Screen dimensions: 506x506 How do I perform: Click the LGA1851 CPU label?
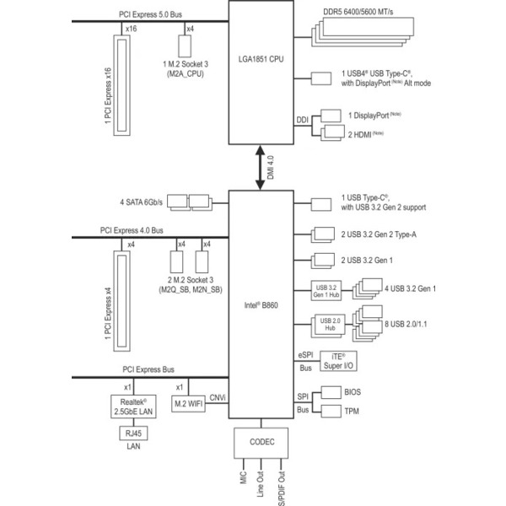(261, 59)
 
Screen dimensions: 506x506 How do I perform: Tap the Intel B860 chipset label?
(261, 305)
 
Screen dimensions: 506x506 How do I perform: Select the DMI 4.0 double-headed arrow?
(260, 168)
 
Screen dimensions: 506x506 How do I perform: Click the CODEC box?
(261, 443)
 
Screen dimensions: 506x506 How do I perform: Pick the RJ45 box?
(133, 433)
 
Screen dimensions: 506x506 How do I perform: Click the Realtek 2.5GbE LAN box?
(133, 406)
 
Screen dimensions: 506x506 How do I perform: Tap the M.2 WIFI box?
(188, 403)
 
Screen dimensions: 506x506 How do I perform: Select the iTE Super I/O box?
(338, 361)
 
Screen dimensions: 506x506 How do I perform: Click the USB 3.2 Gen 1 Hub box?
(326, 291)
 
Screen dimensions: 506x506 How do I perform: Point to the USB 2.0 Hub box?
(330, 325)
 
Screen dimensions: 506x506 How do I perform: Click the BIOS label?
(353, 392)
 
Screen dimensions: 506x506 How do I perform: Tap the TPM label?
(352, 412)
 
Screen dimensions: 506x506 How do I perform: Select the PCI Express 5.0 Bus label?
(150, 14)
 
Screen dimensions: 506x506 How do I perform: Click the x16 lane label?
(131, 29)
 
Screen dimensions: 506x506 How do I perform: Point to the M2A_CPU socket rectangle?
(185, 46)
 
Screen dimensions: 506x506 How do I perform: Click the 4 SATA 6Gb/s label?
(142, 202)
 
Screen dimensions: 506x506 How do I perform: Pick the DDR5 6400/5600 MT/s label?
(358, 12)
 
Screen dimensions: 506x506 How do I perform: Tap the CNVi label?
(218, 397)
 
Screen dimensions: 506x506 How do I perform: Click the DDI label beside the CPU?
(303, 120)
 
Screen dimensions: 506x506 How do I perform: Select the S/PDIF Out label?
(282, 488)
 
